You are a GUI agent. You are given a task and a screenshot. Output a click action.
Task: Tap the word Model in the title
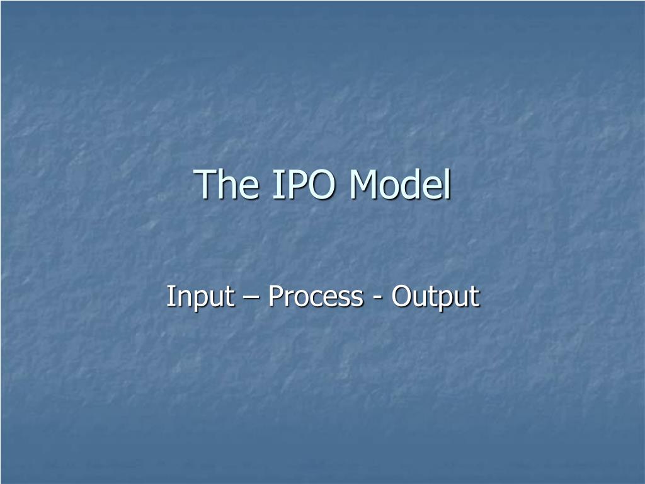tap(401, 185)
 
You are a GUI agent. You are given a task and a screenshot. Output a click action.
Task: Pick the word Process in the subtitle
tap(316, 297)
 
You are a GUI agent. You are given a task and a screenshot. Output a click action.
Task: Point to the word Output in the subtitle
tap(435, 297)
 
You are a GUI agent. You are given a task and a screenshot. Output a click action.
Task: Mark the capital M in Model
tap(365, 185)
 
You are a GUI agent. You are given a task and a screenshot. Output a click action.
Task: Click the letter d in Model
tap(416, 185)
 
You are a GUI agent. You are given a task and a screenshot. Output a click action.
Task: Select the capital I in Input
tap(169, 296)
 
